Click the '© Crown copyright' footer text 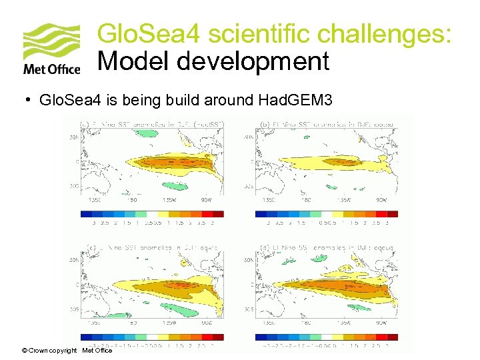point(49,350)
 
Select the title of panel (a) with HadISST point(153,124)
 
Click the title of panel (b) point(327,124)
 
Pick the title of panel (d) point(327,247)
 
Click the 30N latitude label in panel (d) point(247,260)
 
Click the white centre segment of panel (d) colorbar point(327,337)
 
